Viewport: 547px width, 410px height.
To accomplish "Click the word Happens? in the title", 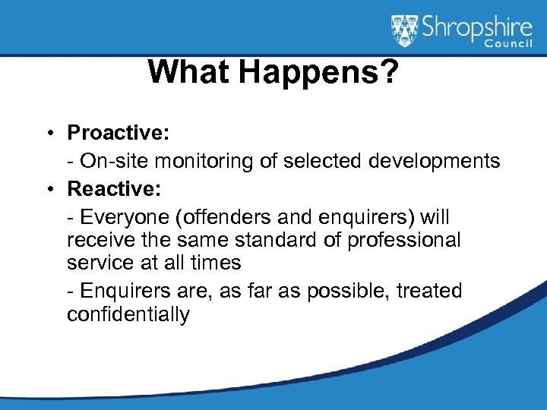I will pos(318,73).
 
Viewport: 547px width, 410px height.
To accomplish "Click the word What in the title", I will pos(190,72).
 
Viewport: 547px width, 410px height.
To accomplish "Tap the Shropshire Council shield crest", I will pos(404,31).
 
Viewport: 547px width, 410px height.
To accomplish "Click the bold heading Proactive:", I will pos(118,133).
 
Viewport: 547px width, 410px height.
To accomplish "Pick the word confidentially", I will pos(128,314).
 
